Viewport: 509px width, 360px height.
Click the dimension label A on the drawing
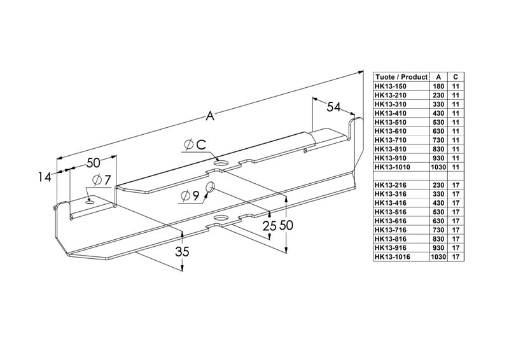[210, 116]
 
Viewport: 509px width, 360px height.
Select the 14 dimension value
[44, 177]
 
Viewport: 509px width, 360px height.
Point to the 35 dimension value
[182, 252]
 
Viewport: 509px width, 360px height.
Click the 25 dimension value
[269, 226]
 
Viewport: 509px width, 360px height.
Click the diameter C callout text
[195, 146]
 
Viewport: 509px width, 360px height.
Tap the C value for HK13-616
[456, 221]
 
